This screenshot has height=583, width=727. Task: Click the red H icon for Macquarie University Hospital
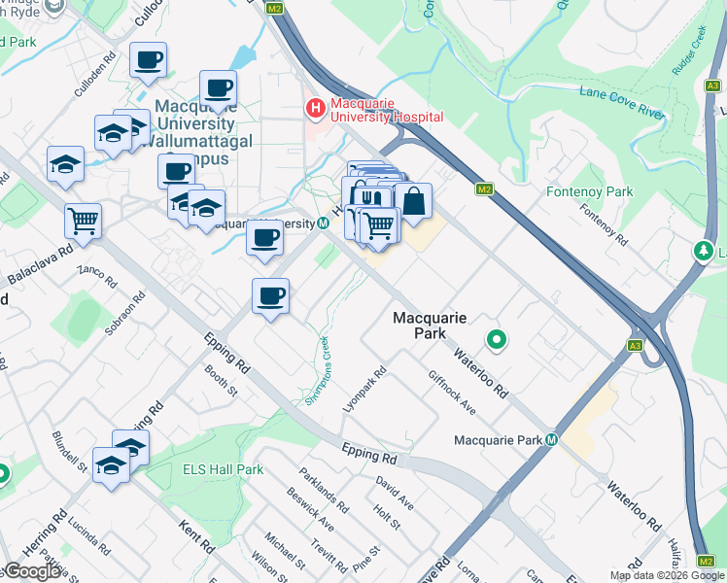315,109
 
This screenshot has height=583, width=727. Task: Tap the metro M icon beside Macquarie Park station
552,440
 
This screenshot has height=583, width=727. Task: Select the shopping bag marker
413,202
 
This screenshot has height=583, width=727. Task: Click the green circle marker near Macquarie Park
497,340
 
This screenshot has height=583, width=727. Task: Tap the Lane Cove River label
621,102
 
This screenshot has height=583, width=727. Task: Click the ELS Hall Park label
223,469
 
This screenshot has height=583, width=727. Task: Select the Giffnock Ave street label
451,392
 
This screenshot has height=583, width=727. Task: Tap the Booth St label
221,381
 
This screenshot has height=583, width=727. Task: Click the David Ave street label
395,493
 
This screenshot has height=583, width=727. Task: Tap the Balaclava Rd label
40,263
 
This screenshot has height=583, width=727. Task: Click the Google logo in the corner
32,571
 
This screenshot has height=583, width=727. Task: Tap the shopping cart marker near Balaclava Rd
84,221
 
